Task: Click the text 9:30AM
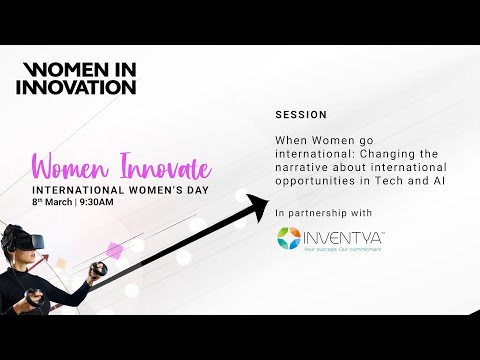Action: tap(98, 201)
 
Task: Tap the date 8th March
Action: tap(52, 201)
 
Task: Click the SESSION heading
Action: tap(301, 115)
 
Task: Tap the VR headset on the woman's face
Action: tap(21, 240)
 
